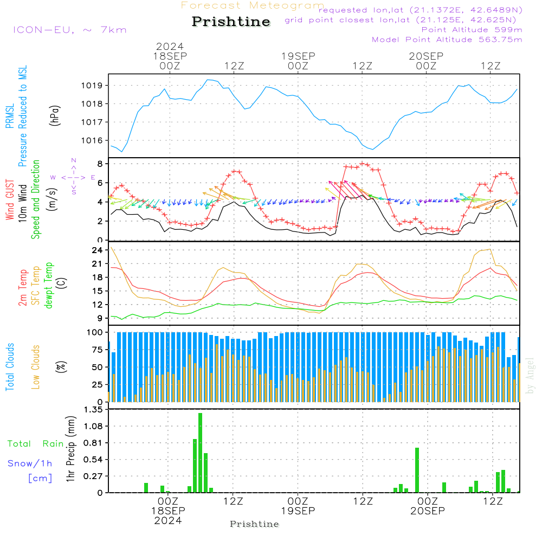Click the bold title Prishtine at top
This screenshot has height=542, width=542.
click(x=231, y=22)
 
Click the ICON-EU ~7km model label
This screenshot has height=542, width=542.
click(x=69, y=30)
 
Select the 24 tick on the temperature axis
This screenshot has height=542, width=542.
click(x=97, y=250)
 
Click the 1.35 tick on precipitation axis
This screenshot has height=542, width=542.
click(x=93, y=410)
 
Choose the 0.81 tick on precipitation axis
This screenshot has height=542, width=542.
click(x=93, y=443)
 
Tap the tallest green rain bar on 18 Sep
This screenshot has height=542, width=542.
click(x=201, y=453)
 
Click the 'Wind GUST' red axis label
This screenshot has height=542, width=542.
click(x=10, y=201)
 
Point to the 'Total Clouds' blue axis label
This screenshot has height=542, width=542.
click(x=10, y=367)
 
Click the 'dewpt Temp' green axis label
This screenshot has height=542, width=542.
click(x=49, y=286)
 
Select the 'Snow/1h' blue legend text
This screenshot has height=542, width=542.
click(x=30, y=464)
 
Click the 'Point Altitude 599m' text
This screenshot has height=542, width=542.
click(x=472, y=30)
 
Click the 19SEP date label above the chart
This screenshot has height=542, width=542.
click(x=298, y=56)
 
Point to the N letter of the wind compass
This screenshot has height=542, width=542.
click(x=74, y=160)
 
